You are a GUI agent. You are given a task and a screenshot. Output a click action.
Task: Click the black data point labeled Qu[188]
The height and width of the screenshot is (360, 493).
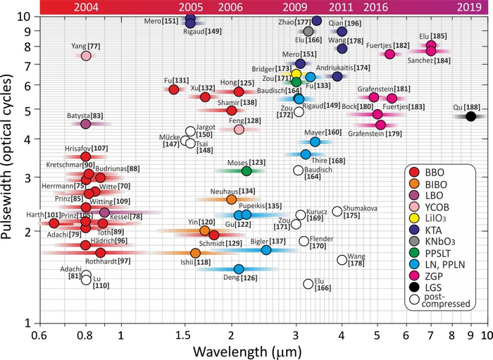click(471, 116)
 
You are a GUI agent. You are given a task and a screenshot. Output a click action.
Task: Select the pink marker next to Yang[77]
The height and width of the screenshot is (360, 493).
click(86, 56)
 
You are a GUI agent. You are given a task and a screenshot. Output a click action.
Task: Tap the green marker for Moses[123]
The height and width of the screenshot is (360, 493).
click(246, 170)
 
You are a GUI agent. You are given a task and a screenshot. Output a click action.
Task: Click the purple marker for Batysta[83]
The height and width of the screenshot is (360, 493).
click(86, 124)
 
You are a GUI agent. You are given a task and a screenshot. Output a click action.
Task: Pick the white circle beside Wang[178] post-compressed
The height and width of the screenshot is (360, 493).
click(342, 259)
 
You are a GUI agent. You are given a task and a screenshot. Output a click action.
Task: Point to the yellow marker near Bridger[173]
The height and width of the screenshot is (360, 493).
click(297, 74)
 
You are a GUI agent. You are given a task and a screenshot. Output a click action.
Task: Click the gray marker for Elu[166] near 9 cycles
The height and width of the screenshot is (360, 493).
click(308, 31)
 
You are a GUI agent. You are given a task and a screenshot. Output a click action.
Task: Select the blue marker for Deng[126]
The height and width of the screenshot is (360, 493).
click(239, 268)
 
